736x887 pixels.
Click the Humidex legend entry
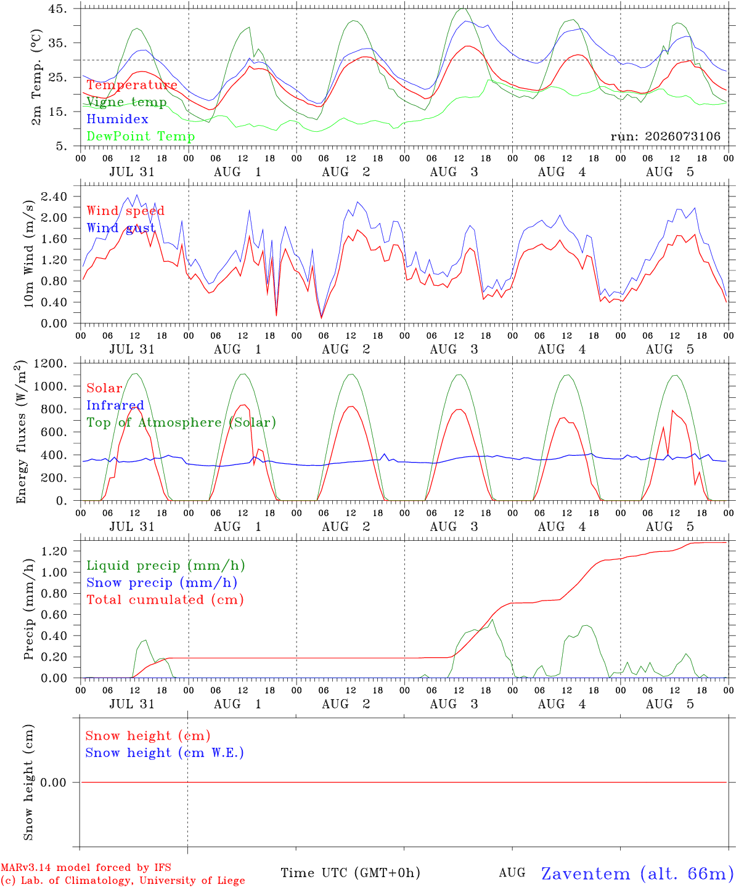click(117, 119)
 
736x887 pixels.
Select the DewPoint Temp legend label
click(141, 136)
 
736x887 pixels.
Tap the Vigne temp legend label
click(127, 102)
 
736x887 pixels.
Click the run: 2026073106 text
click(665, 136)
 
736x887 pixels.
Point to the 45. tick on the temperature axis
click(57, 9)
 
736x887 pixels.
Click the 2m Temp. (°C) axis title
click(36, 77)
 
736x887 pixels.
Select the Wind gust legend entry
click(121, 228)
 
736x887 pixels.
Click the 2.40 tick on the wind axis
click(54, 196)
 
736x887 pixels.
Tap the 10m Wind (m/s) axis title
click(28, 253)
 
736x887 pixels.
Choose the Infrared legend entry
click(115, 405)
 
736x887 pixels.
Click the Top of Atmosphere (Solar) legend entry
click(182, 423)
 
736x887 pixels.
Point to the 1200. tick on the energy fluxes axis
click(51, 363)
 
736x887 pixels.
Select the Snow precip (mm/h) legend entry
click(162, 583)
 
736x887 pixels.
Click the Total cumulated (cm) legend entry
click(165, 599)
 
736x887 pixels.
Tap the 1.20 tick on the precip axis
click(54, 551)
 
